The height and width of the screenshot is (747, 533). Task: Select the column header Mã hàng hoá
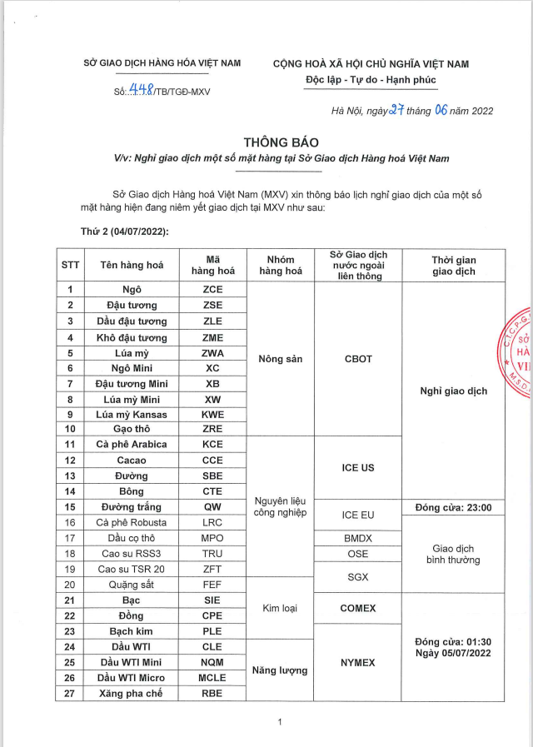pyautogui.click(x=213, y=265)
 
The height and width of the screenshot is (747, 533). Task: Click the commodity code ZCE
pyautogui.click(x=213, y=290)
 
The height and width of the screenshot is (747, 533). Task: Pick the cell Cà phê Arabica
pyautogui.click(x=132, y=444)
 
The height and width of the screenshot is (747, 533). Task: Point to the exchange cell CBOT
pyautogui.click(x=357, y=360)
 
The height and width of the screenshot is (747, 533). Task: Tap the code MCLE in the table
pyautogui.click(x=213, y=677)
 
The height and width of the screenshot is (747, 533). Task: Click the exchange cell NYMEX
pyautogui.click(x=357, y=662)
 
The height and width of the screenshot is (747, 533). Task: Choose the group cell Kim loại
pyautogui.click(x=281, y=607)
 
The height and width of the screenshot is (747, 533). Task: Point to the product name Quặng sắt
pyautogui.click(x=132, y=584)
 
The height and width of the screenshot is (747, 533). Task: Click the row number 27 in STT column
pyautogui.click(x=71, y=693)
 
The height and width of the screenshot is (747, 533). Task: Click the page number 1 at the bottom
pyautogui.click(x=281, y=722)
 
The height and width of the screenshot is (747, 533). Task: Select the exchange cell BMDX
pyautogui.click(x=357, y=538)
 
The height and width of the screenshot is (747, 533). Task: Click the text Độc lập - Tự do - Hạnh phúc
pyautogui.click(x=370, y=80)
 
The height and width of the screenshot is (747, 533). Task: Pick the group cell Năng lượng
pyautogui.click(x=281, y=670)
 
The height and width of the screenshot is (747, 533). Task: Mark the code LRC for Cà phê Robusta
pyautogui.click(x=213, y=522)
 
